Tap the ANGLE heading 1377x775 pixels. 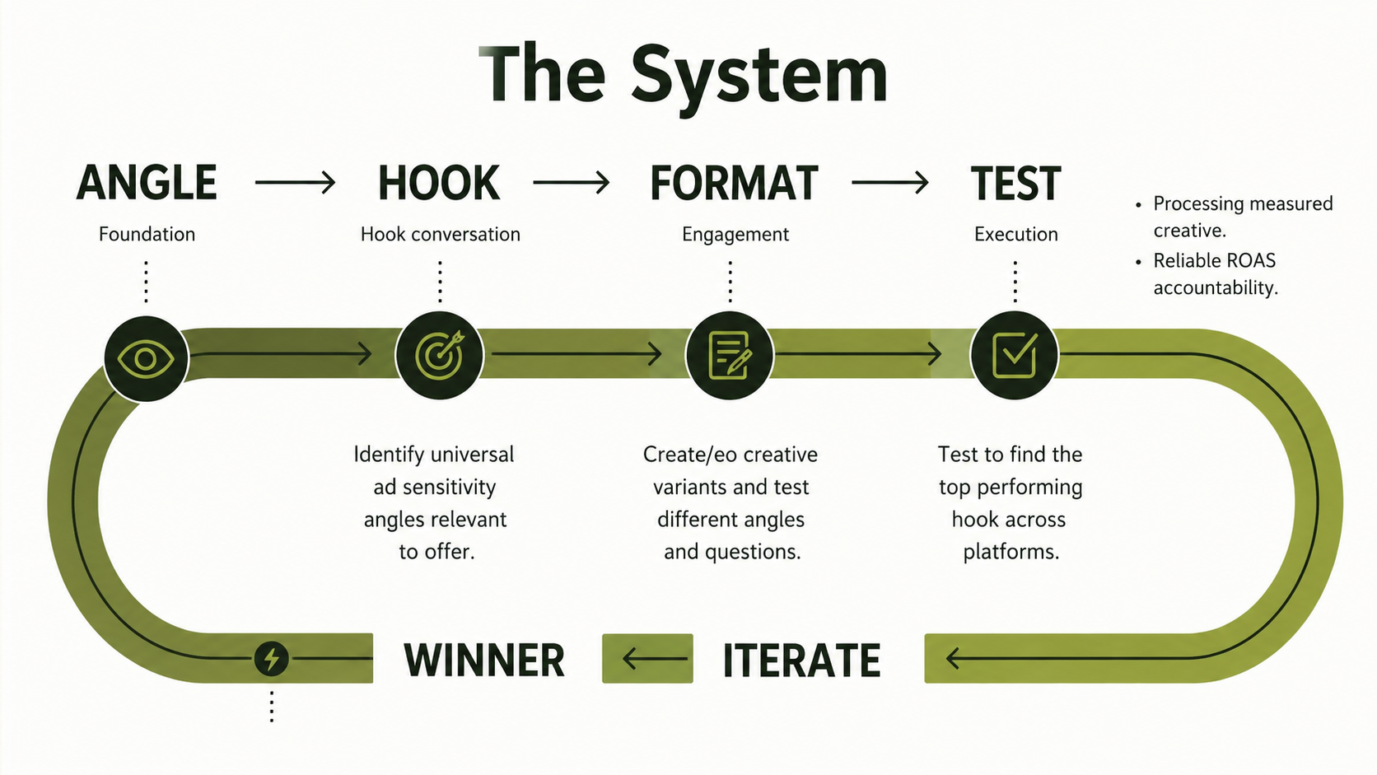(147, 183)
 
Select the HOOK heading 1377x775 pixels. (439, 183)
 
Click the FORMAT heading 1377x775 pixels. (734, 183)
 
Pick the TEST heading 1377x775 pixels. (1015, 183)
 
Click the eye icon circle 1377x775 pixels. (146, 359)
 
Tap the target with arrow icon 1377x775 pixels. (440, 355)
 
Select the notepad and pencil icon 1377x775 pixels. (730, 355)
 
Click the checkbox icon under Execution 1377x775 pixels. (1015, 355)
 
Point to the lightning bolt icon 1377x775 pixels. (271, 659)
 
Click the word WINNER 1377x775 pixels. (484, 661)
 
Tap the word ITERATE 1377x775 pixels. (801, 661)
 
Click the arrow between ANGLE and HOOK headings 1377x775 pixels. (295, 183)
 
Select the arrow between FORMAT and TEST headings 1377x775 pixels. (890, 183)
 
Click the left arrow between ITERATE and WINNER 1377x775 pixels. (655, 659)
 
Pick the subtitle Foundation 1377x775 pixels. (147, 234)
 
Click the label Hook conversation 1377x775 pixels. (440, 234)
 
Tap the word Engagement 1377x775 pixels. (735, 235)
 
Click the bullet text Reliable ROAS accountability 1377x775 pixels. (1216, 274)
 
